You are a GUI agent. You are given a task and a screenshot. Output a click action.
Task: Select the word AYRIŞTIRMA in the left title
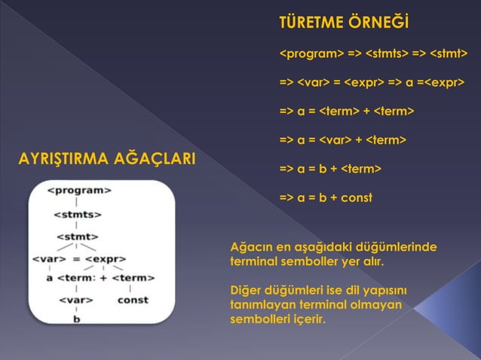(63, 160)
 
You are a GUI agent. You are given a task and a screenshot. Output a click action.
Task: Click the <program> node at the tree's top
(79, 191)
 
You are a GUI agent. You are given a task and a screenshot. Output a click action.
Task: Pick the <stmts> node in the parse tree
(78, 214)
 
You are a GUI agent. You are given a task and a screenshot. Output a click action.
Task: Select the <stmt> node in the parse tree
(76, 236)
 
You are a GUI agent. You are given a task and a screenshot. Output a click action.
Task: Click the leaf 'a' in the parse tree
(50, 278)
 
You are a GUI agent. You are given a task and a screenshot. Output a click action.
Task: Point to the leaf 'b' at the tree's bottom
(76, 319)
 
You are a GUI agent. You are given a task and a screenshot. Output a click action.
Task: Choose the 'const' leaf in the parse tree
(133, 300)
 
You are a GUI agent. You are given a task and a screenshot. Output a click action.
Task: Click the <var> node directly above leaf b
(76, 300)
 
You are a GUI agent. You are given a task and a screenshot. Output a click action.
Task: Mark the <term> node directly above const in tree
(133, 278)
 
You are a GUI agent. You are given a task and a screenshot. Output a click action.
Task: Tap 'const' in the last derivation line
(355, 198)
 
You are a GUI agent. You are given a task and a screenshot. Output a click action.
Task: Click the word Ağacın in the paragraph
(253, 248)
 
